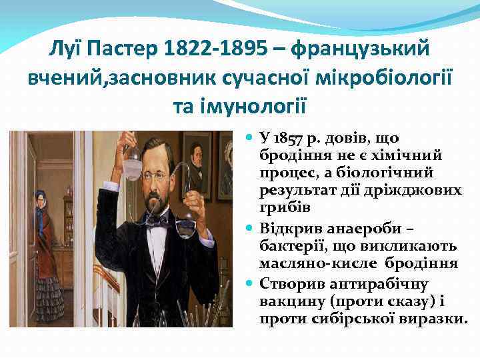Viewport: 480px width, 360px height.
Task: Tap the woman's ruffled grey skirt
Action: pos(50,297)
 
